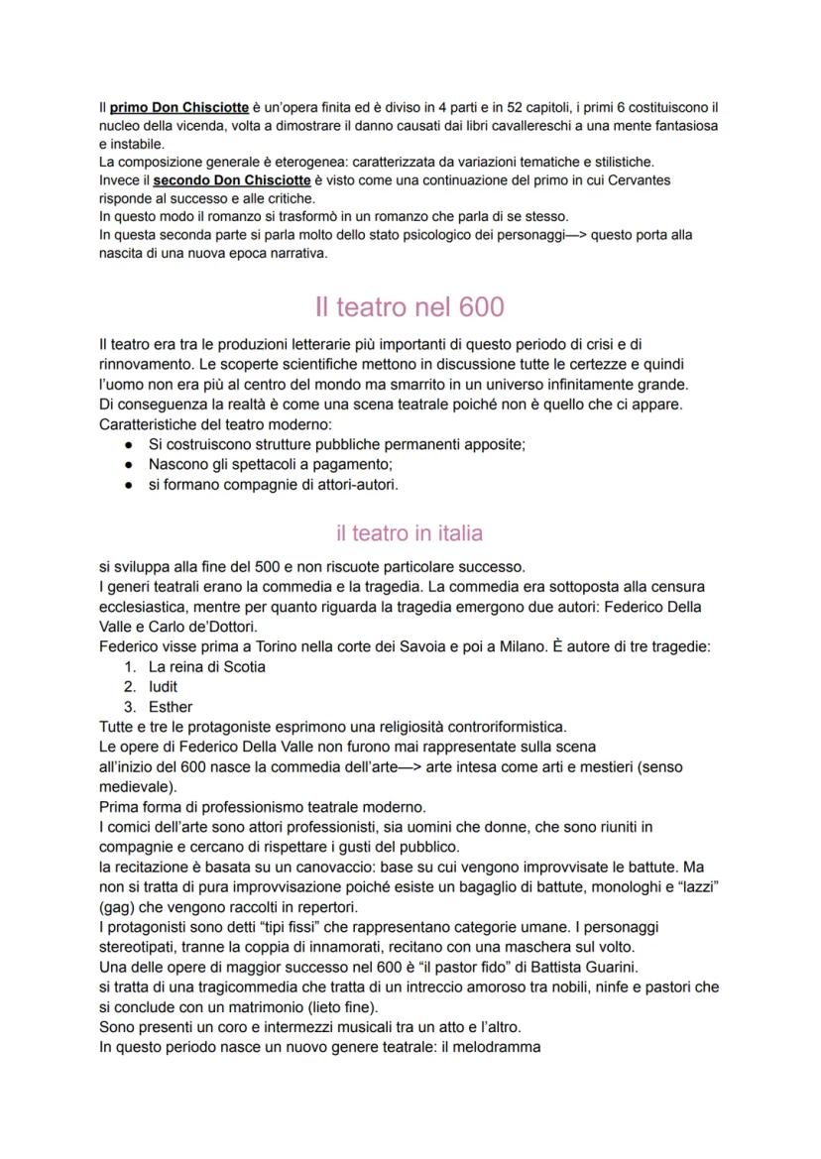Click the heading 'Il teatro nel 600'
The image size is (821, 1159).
click(x=410, y=306)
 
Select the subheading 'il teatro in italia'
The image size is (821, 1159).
click(x=410, y=533)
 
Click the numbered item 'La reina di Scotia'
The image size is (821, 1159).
click(x=206, y=666)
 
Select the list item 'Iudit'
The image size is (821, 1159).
click(x=163, y=686)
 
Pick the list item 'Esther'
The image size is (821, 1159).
click(x=170, y=707)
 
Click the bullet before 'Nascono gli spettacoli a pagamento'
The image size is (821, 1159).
click(x=129, y=464)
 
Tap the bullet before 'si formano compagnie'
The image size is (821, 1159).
click(x=129, y=485)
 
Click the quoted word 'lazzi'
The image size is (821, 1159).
click(x=696, y=888)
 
